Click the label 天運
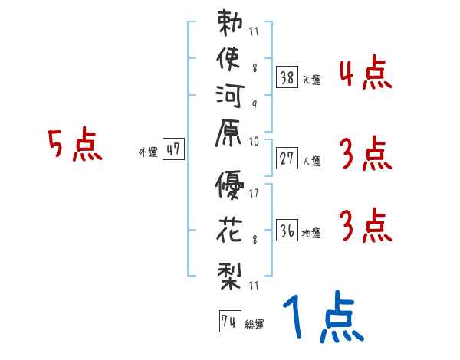tap(311, 80)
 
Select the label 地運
tap(311, 234)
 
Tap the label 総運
tap(255, 324)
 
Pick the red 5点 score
tap(74, 145)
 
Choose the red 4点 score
tap(365, 74)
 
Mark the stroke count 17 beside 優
tap(254, 193)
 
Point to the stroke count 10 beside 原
tap(254, 141)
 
